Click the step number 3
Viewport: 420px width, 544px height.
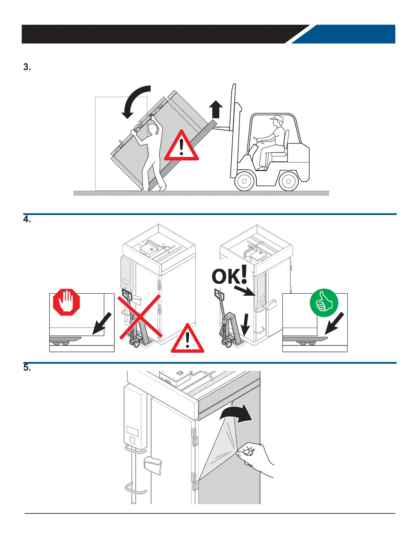tap(27, 67)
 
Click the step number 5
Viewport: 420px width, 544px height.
tap(27, 368)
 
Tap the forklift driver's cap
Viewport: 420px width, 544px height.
tap(277, 118)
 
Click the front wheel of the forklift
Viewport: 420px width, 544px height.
tap(245, 181)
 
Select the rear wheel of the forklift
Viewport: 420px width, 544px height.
tap(289, 181)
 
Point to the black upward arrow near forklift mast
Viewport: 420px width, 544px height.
tap(216, 109)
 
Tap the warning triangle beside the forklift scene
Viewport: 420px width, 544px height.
tap(182, 147)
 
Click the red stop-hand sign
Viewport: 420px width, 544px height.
tap(66, 302)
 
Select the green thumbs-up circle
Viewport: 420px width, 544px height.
tap(324, 303)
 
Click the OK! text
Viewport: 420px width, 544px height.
tap(229, 275)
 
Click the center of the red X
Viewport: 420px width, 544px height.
tap(140, 317)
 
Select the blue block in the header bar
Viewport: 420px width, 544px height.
tap(347, 34)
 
